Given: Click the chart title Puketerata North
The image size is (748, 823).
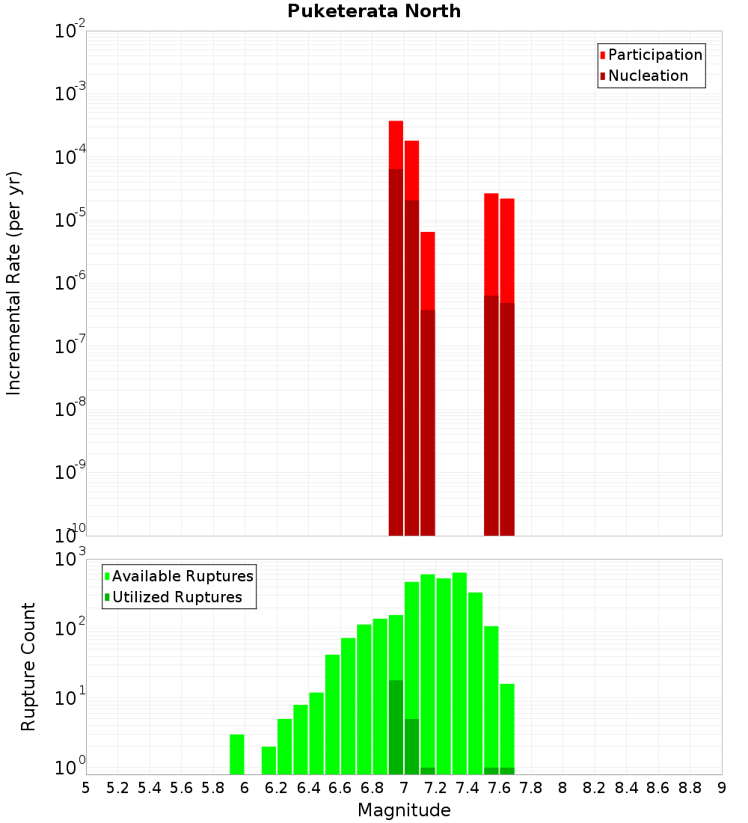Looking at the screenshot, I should coord(374,11).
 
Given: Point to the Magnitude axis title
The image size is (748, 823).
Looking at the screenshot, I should coord(404,810).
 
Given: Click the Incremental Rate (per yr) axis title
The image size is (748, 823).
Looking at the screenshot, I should coord(14,283).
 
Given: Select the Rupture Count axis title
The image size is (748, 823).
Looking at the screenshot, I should coord(28,666).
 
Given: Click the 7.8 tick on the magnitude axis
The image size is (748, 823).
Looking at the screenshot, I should coord(531,788).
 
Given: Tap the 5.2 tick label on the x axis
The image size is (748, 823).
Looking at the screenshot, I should coord(118,788).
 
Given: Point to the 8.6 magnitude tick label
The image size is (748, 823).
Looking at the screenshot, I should coord(658,788).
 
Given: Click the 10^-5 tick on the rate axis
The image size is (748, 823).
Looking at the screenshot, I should coord(71,220).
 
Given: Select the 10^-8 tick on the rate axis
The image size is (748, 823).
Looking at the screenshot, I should coord(71,409).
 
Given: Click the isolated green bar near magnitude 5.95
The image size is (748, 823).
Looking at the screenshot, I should coord(237,754).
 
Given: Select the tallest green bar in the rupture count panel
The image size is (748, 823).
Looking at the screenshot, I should coord(459,673).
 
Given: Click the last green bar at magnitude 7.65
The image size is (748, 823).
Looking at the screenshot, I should coord(507,726).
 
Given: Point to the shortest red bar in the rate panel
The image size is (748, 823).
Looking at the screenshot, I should coord(428,269).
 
